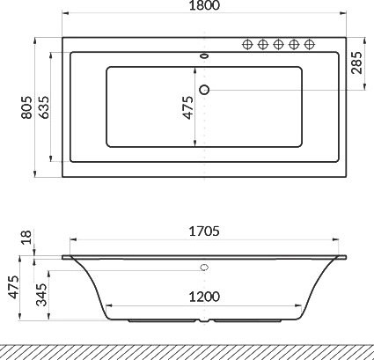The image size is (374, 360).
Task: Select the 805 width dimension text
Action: pos(26,107)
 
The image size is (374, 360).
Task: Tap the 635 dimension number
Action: pos(44,107)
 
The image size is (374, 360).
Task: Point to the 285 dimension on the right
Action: pos(356,62)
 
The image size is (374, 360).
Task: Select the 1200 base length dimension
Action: pos(204,297)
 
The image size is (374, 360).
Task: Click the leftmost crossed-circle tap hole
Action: pos(247,44)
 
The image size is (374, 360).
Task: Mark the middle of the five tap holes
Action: pos(278,44)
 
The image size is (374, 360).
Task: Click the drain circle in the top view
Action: pos(205,88)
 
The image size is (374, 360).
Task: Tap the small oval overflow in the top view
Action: pos(205,59)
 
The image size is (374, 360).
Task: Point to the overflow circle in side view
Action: pos(205,267)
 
